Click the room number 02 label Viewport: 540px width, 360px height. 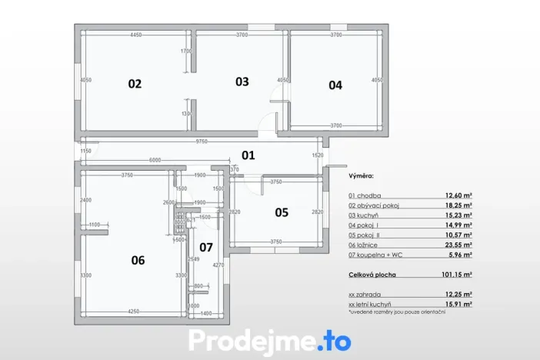[x=135, y=84]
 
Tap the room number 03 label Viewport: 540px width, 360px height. [x=242, y=82]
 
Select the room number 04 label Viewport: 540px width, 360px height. [x=335, y=85]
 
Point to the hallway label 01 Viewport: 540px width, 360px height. [x=248, y=155]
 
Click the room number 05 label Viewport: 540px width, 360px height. [x=282, y=212]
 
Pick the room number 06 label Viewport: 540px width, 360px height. [x=138, y=261]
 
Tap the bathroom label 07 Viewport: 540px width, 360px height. [x=206, y=248]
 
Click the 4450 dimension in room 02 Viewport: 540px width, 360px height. [x=136, y=35]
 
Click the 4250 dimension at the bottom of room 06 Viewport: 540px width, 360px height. [x=133, y=312]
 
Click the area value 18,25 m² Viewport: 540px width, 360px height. [x=458, y=206]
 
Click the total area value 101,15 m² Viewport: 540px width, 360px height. [x=457, y=273]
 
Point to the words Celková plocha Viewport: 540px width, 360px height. [x=371, y=273]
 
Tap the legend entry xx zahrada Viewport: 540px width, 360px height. [x=366, y=294]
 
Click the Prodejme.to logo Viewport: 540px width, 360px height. [x=269, y=341]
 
